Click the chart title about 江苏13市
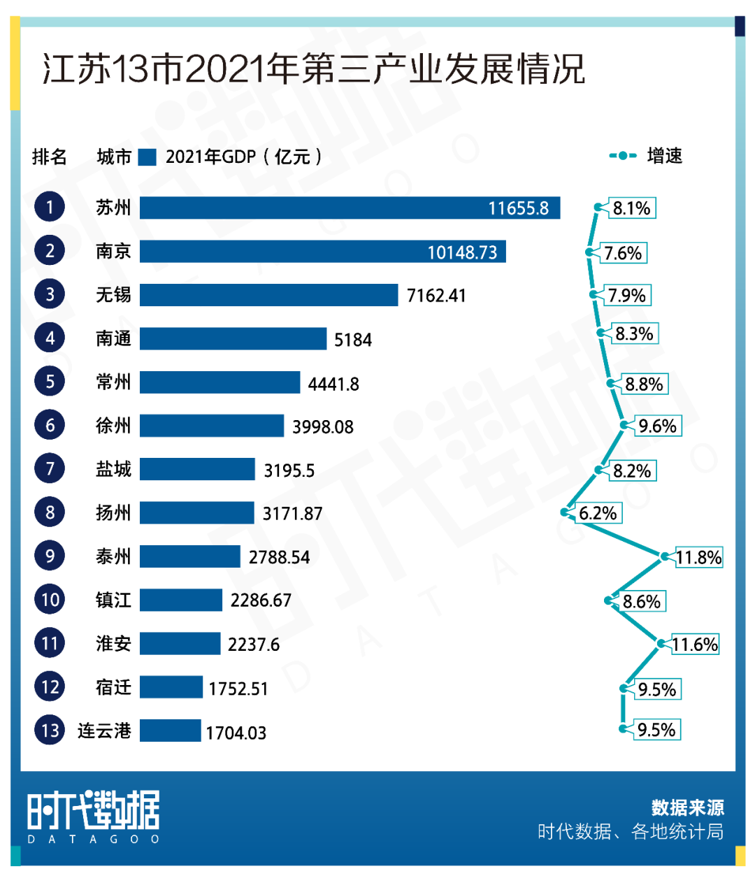[313, 70]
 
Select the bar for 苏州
[350, 208]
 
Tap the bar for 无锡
[268, 295]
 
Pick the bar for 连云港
[170, 731]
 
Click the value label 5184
[353, 340]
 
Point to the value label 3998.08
[323, 426]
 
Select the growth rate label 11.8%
[698, 557]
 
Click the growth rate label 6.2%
[598, 513]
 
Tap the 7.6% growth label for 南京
[623, 252]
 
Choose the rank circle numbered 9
[50, 556]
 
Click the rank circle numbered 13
[50, 731]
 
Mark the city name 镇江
[113, 600]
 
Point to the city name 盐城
[113, 469]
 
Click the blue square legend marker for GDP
[147, 157]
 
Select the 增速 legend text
[664, 156]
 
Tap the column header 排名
[50, 157]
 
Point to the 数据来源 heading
[687, 807]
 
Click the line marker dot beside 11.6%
[661, 644]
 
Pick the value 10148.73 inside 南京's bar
[462, 252]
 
